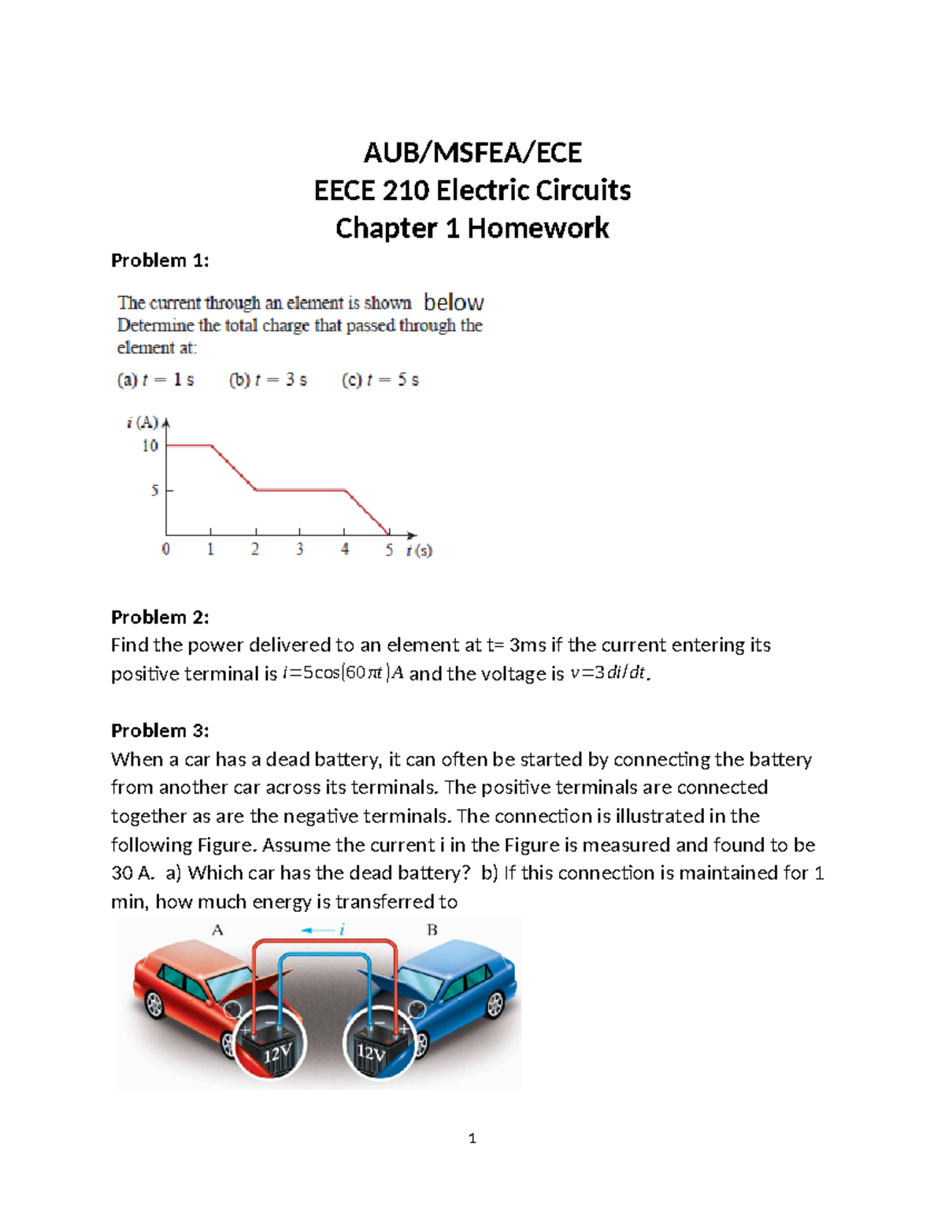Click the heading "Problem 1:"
(x=160, y=261)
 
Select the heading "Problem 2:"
(x=160, y=617)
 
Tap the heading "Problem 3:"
(x=160, y=730)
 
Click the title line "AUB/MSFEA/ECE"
(x=472, y=152)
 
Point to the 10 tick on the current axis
(x=150, y=446)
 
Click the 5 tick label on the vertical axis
(x=155, y=491)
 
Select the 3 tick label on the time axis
(x=299, y=550)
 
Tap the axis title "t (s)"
(x=419, y=550)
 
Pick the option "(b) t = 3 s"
(x=268, y=380)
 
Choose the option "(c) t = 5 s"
(x=380, y=380)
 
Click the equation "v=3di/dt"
(x=609, y=673)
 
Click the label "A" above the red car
(x=217, y=930)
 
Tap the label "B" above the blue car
(x=432, y=930)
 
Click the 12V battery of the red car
(x=270, y=1045)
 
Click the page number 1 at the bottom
(x=472, y=1138)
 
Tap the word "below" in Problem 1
(x=454, y=302)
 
